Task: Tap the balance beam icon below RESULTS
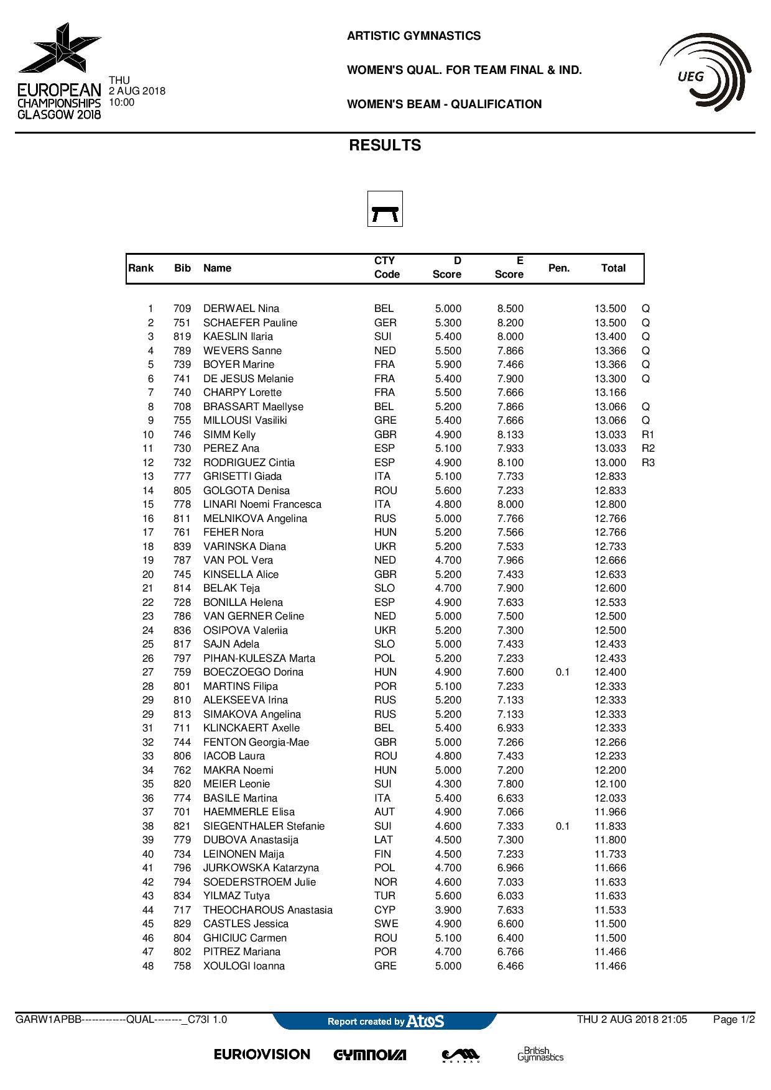pos(385,209)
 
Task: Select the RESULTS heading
pos(385,145)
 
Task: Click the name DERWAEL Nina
pos(241,309)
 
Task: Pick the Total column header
pos(613,268)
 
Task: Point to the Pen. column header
pos(559,268)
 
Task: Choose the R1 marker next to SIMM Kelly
pos(648,434)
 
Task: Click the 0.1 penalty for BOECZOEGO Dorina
pos(563,672)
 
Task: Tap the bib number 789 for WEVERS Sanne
pos(182,350)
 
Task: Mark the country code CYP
pos(385,910)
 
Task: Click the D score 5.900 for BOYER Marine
pos(448,365)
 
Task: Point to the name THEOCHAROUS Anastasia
pos(268,910)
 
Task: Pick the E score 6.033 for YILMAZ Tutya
pos(510,896)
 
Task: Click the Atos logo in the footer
pos(425,1021)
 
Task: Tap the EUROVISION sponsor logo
pos(262,1055)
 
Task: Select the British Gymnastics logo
pos(540,1054)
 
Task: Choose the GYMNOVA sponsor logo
pos(370,1055)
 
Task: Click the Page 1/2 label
pos(734,1020)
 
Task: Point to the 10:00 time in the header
pos(121,102)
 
